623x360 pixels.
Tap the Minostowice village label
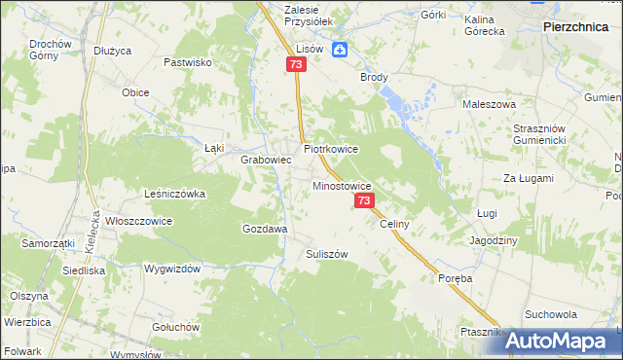click(341, 184)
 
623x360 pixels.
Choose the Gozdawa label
click(264, 229)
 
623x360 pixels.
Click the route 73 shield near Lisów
click(297, 63)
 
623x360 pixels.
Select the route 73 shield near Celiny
click(364, 200)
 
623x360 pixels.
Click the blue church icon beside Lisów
click(340, 51)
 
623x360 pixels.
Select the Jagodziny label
click(494, 239)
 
